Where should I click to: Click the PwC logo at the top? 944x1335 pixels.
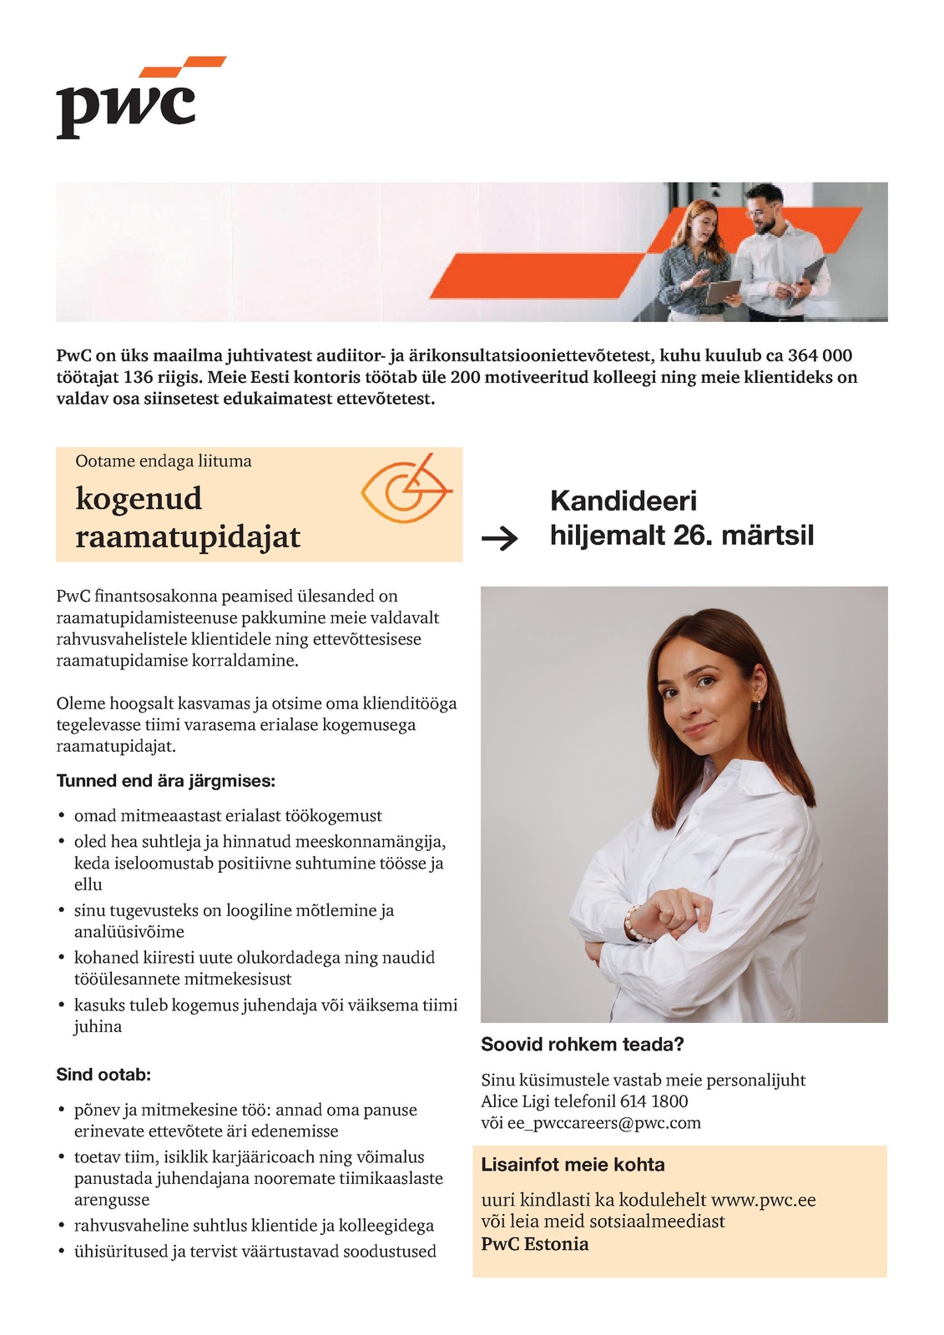click(x=134, y=98)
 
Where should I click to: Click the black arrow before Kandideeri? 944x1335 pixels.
click(x=500, y=539)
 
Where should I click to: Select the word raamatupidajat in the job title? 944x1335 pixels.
click(x=188, y=537)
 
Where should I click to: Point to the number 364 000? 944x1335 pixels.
click(x=820, y=355)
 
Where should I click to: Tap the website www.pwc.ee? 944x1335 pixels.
click(x=762, y=1200)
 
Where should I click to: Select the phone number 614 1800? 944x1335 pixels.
click(x=654, y=1101)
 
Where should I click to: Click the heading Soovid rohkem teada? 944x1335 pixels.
click(x=583, y=1045)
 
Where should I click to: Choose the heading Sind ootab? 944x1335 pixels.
click(x=103, y=1075)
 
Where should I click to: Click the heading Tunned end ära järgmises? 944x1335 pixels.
click(x=165, y=781)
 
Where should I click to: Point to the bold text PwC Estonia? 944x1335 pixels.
click(x=535, y=1244)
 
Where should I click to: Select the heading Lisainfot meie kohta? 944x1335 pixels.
click(x=573, y=1165)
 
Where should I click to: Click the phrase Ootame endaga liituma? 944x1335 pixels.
click(x=164, y=461)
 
